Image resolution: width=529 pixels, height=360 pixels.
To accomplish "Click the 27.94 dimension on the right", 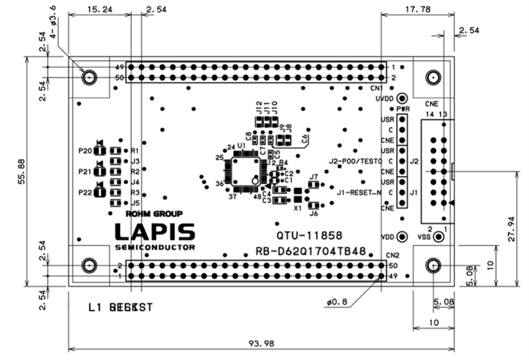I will pos(511,229).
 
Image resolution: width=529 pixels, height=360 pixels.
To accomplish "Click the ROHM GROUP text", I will pos(154,214).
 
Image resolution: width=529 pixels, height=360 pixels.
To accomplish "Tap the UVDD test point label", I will pos(386,99).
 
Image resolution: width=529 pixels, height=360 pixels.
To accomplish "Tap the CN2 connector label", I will pos(391,255).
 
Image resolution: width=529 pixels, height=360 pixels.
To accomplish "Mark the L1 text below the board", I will pos(95,307).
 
